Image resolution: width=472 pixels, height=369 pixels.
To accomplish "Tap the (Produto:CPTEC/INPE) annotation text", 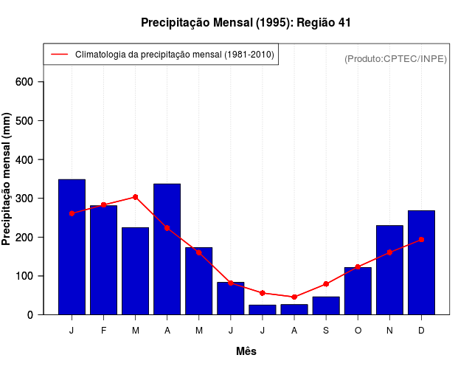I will click(x=395, y=58).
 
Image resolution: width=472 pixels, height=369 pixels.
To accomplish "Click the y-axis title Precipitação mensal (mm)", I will click(x=7, y=179).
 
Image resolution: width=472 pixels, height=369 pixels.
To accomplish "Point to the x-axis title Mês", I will click(x=246, y=351).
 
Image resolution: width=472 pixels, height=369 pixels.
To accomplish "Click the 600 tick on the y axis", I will click(x=26, y=82).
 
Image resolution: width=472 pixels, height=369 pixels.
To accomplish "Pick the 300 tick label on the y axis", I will click(x=26, y=199).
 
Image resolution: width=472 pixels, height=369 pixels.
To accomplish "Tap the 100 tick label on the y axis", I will click(x=26, y=276).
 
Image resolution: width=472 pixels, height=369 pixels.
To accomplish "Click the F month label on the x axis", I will click(x=104, y=331).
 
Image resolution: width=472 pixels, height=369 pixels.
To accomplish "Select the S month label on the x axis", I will click(x=326, y=331).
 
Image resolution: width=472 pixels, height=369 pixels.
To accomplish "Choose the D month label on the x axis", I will click(x=421, y=331).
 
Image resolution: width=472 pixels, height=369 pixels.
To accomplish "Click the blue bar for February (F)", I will click(x=104, y=260).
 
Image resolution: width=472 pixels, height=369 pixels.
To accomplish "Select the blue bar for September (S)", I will click(x=326, y=306).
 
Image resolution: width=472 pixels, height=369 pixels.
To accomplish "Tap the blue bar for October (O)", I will click(x=358, y=291).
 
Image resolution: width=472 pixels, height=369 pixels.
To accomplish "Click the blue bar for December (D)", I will click(x=421, y=263).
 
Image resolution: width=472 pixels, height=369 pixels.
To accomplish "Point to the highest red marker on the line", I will click(x=136, y=197).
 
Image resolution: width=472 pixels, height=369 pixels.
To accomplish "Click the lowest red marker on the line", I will click(x=294, y=297).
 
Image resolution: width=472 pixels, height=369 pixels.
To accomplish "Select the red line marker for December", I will click(x=421, y=239).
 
